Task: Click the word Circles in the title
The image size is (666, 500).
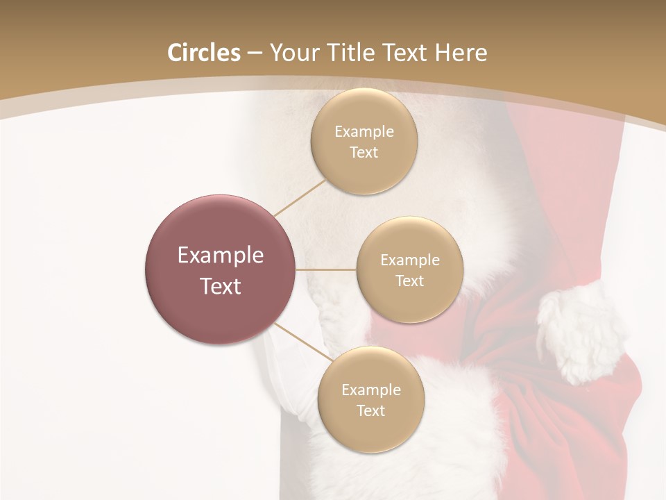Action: coord(203,53)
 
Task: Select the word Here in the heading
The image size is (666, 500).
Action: coord(461,53)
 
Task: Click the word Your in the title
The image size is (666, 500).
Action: coord(296,53)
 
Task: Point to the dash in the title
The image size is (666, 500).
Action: coord(255,53)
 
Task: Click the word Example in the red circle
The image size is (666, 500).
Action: coord(221,256)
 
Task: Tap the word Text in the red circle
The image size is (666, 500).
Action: coord(221,286)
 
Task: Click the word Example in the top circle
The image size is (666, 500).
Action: coord(364,132)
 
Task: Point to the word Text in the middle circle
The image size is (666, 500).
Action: coord(409,281)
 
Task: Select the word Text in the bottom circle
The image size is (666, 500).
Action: coord(370,411)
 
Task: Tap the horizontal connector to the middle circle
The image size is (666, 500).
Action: coord(326,269)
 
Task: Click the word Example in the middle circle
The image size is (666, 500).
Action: coord(409,260)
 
